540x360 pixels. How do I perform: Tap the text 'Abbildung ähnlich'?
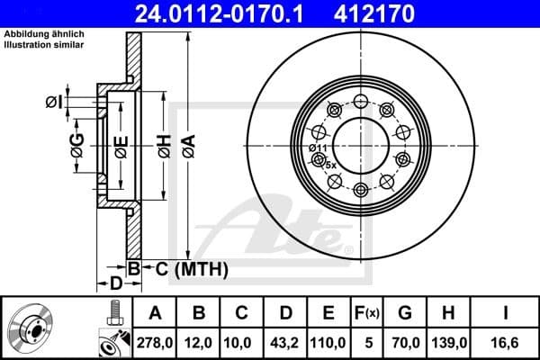pos(44,34)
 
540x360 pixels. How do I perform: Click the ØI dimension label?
pos(53,102)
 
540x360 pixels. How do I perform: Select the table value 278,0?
pos(155,342)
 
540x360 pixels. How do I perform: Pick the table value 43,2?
pos(285,342)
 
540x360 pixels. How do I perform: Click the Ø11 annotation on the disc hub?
pos(317,148)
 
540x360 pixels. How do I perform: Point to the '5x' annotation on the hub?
pos(329,165)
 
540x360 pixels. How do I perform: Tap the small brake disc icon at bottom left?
pos(32,328)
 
